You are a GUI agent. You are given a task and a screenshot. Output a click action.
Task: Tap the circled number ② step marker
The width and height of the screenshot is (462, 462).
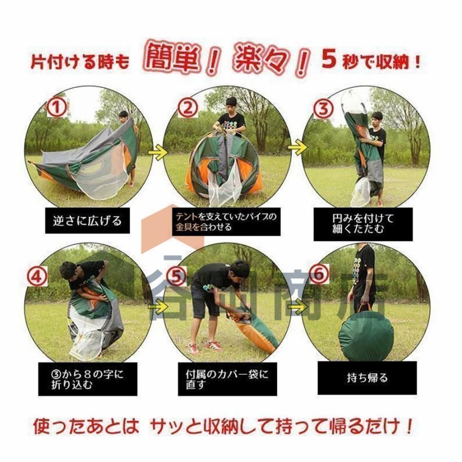pos(188,108)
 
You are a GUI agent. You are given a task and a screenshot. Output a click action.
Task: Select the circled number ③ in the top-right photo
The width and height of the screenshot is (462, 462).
pos(323,109)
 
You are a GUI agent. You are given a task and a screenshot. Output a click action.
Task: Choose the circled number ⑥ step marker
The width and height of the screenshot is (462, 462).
pos(319,274)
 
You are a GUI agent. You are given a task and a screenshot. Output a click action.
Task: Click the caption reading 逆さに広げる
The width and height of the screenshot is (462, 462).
pos(87,221)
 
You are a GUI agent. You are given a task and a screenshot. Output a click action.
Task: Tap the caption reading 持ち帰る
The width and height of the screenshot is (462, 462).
pos(367,378)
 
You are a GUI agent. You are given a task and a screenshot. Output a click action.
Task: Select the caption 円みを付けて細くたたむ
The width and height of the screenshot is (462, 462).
pos(363,224)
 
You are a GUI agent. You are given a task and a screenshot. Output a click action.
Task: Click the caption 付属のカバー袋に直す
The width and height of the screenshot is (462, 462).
pos(227,379)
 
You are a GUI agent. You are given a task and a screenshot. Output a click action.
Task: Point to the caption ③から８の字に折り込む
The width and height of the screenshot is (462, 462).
pos(87,379)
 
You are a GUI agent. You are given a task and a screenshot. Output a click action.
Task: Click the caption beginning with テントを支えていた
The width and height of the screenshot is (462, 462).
pos(226,222)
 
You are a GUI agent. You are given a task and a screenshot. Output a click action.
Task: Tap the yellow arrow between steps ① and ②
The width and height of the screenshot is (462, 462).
pos(158,152)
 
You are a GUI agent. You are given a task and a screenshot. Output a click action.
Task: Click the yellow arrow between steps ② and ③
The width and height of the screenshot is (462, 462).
pos(298,146)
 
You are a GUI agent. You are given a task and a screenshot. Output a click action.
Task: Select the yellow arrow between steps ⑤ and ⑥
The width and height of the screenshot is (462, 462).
pos(298,307)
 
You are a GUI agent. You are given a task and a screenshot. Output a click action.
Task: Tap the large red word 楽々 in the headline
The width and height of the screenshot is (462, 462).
pos(261,59)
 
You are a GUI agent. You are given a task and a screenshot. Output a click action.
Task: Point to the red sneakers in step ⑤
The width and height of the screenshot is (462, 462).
pos(206,347)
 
